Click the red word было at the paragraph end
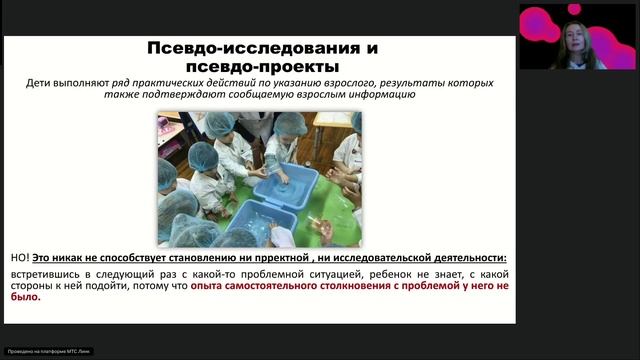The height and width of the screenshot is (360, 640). [25, 297]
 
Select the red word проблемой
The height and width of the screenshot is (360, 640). [431, 285]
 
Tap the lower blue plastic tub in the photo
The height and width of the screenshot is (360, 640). [259, 221]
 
